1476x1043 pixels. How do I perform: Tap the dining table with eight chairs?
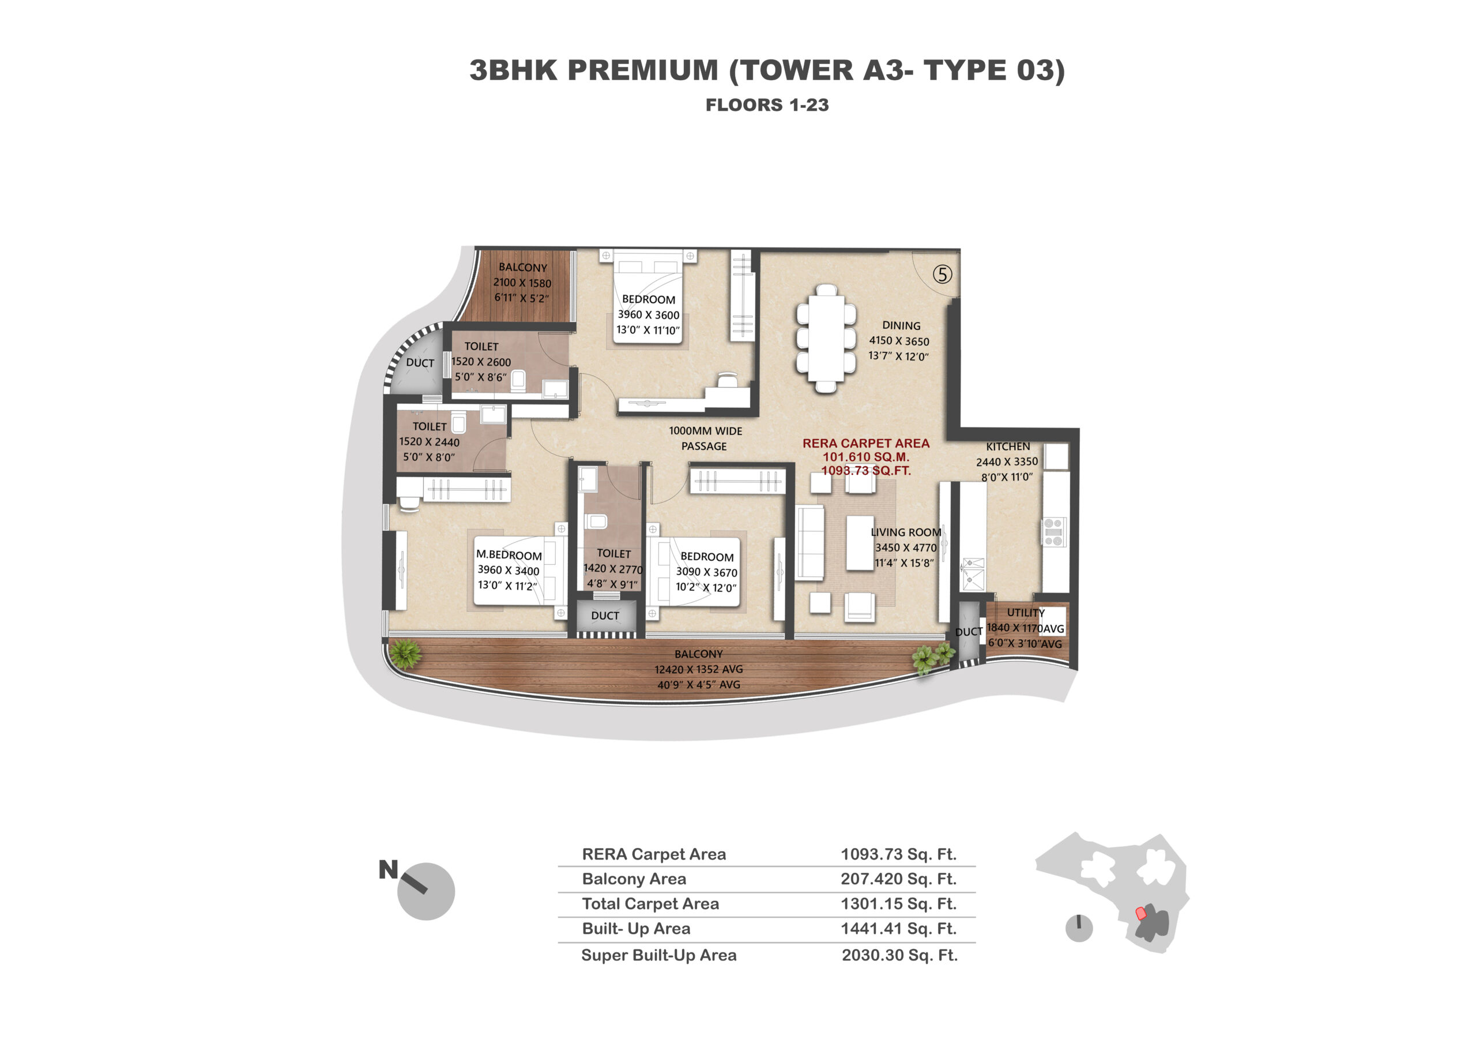pos(826,338)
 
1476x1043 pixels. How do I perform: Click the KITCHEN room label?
pos(1007,447)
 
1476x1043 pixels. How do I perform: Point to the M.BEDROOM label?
pos(509,555)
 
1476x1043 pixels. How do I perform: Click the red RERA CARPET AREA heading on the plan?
pos(865,443)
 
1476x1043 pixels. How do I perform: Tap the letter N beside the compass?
pos(388,869)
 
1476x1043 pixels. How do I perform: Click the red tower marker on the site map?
pos(1141,913)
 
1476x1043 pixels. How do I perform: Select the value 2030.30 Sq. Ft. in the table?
pos(899,955)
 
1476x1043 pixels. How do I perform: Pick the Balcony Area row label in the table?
pos(634,879)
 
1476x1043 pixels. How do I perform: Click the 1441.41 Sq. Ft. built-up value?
pos(898,929)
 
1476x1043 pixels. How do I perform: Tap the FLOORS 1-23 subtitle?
pos(767,105)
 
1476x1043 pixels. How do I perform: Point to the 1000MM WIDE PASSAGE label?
pos(705,438)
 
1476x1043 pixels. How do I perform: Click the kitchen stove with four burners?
pos(1053,532)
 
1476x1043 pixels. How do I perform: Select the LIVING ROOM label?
pos(906,532)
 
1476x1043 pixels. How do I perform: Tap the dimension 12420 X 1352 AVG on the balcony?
pos(698,669)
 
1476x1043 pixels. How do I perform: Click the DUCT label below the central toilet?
pos(605,616)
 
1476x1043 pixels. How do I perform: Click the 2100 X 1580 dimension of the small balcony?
pos(522,282)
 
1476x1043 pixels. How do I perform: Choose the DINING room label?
pos(901,326)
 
